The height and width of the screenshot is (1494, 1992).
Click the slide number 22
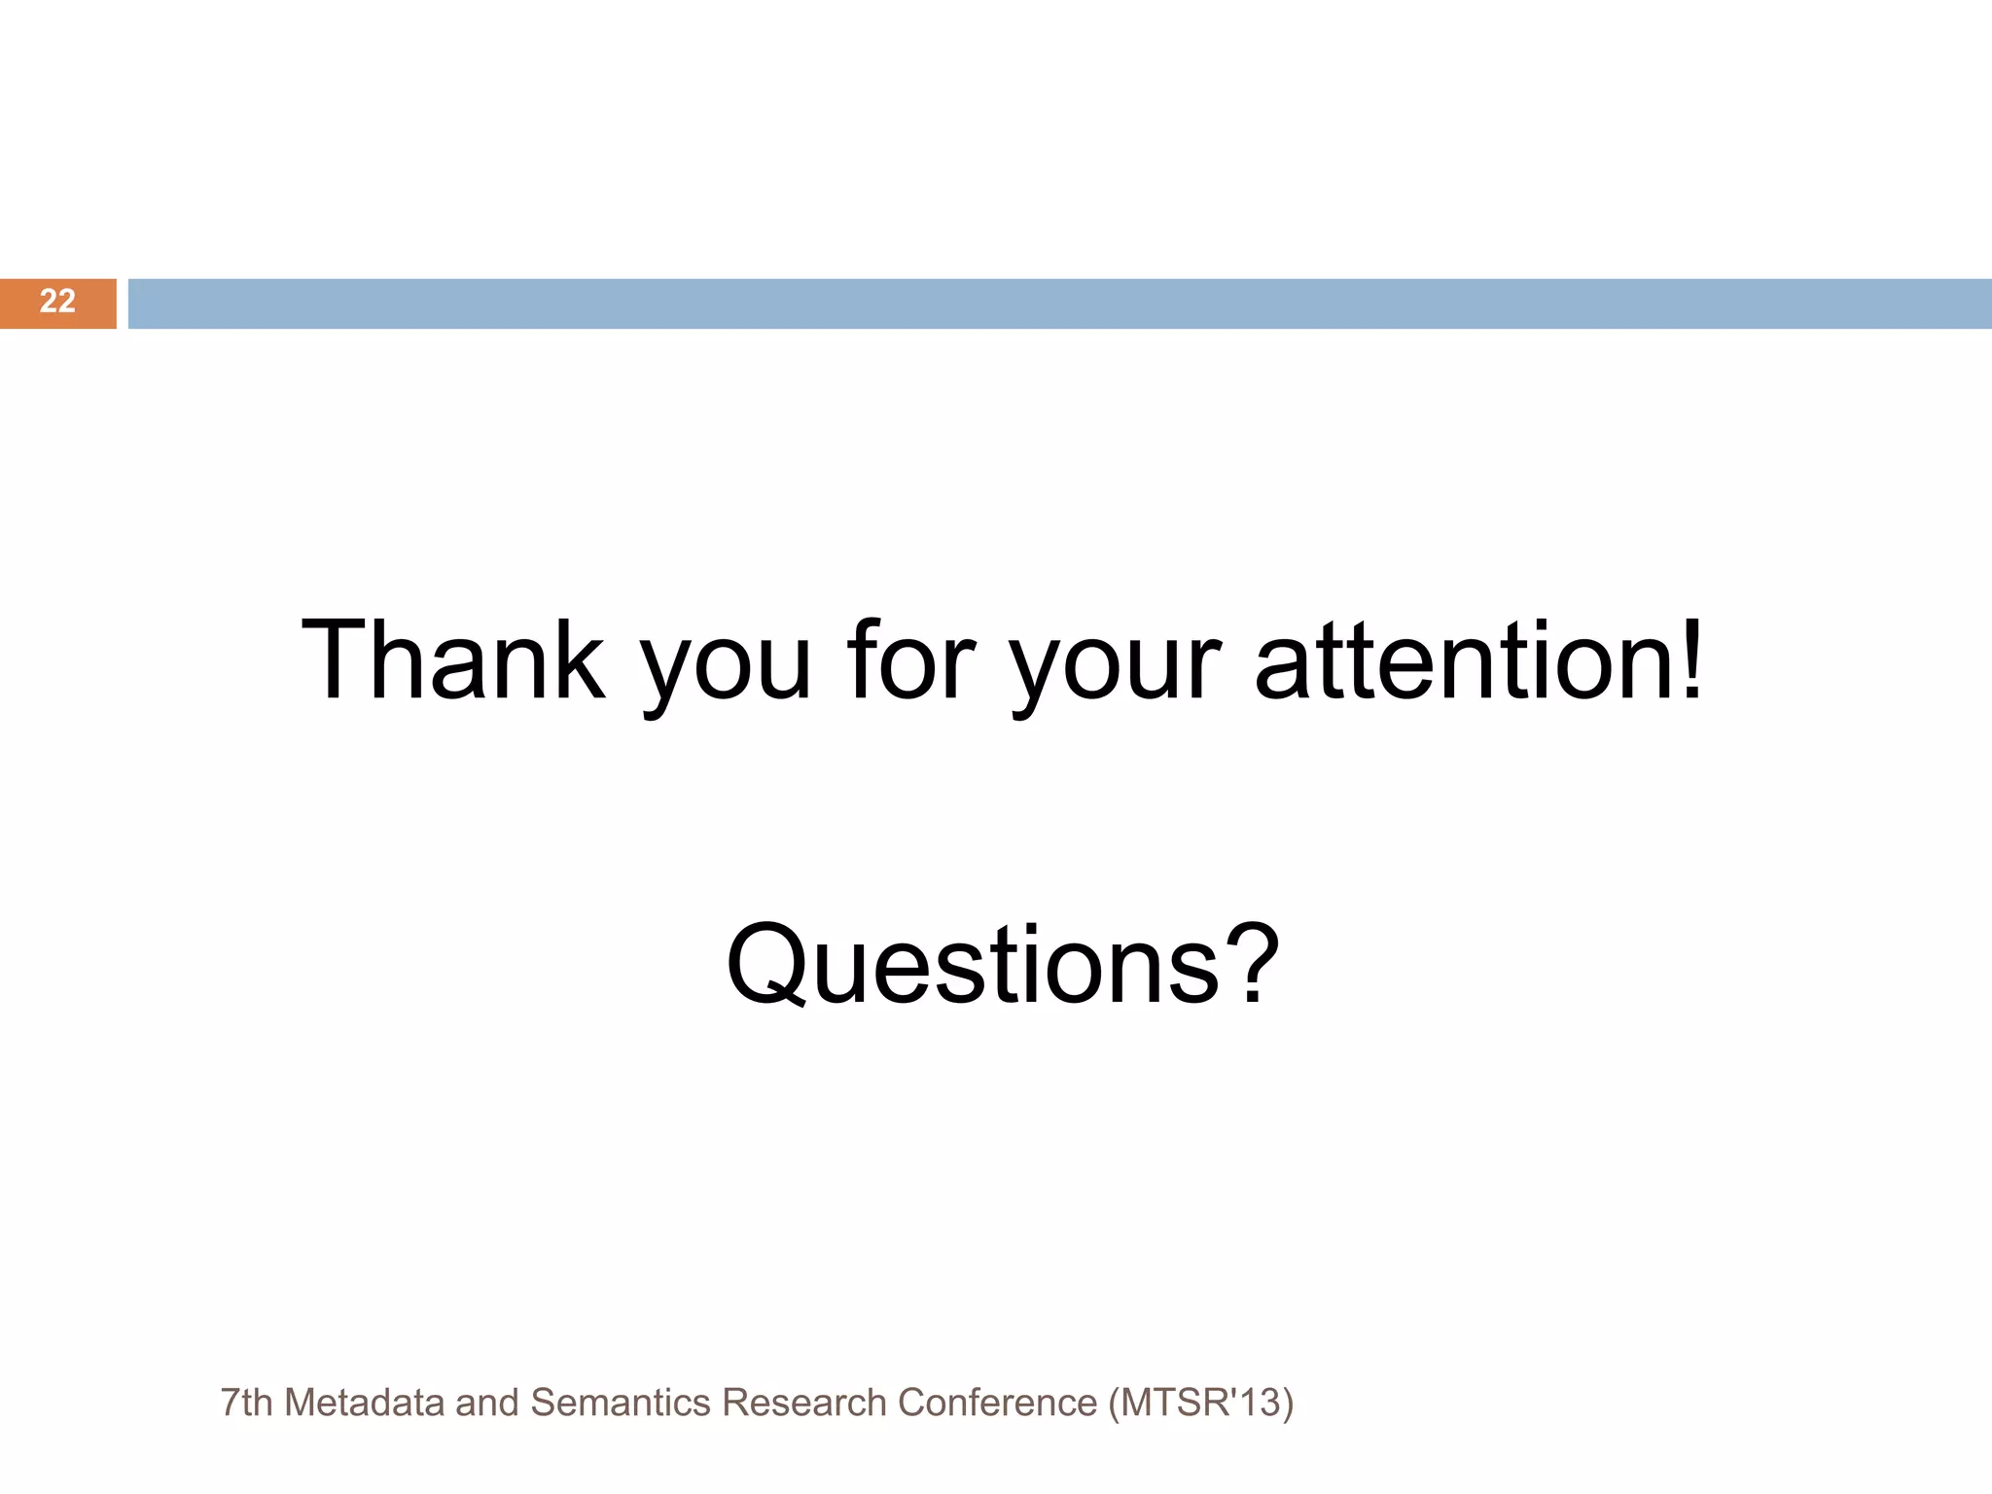tap(57, 302)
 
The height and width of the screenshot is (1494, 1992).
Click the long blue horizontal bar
tap(1058, 303)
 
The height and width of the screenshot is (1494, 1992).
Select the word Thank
tap(453, 660)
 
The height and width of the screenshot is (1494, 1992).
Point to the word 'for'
tap(910, 660)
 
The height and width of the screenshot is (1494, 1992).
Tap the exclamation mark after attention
tap(1691, 660)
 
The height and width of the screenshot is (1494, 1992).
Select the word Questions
tap(973, 965)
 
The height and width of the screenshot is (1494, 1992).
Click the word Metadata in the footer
tap(365, 1403)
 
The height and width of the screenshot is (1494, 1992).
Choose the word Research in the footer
tap(804, 1403)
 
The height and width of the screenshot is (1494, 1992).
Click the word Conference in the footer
tap(997, 1403)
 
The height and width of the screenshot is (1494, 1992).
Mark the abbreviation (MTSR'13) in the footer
tap(1200, 1403)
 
